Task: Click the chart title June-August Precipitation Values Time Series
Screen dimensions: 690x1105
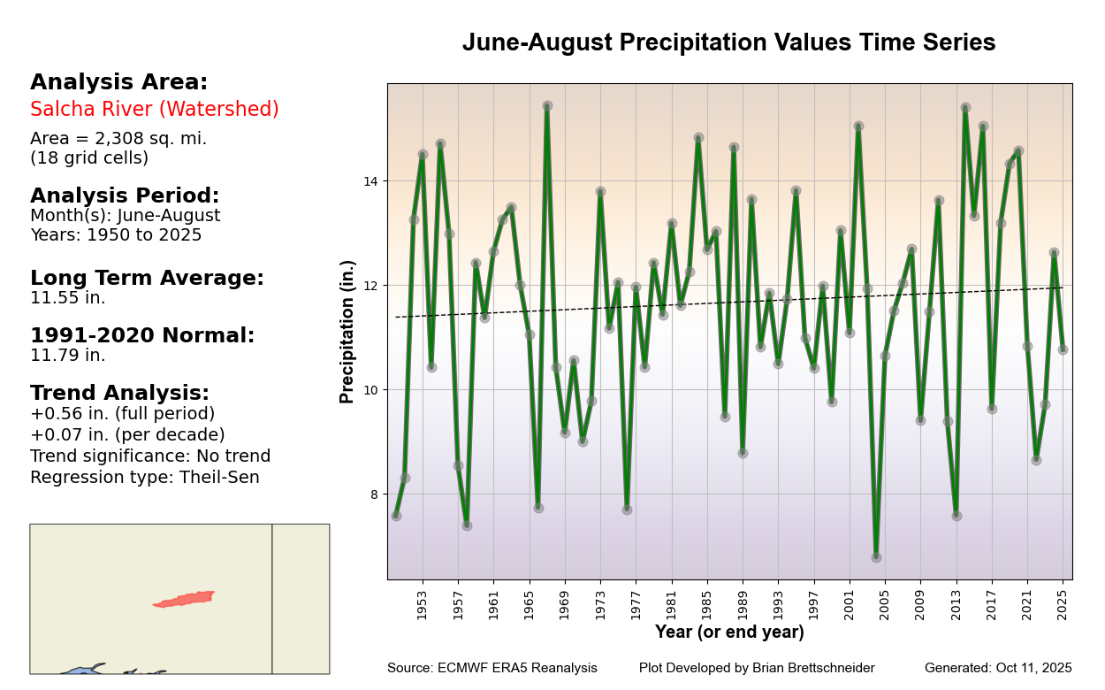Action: pyautogui.click(x=728, y=43)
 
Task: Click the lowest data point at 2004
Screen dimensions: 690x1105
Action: pyautogui.click(x=876, y=557)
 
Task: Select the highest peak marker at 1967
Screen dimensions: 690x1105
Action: pyautogui.click(x=547, y=106)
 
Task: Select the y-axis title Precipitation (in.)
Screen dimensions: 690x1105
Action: pyautogui.click(x=347, y=332)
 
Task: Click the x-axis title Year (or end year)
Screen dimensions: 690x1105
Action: pyautogui.click(x=729, y=632)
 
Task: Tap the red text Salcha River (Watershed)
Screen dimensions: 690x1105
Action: pyautogui.click(x=155, y=110)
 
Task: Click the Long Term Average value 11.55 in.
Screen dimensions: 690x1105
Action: pyautogui.click(x=68, y=298)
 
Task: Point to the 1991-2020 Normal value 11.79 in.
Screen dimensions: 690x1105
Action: pyautogui.click(x=68, y=356)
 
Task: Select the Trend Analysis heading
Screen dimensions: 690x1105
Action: pyautogui.click(x=120, y=393)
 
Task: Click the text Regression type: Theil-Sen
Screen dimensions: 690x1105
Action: pyautogui.click(x=145, y=478)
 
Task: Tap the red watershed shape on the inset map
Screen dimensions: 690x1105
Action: pyautogui.click(x=185, y=599)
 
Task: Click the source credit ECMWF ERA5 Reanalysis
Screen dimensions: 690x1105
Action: pyautogui.click(x=492, y=668)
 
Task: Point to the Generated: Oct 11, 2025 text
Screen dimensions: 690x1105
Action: pyautogui.click(x=998, y=668)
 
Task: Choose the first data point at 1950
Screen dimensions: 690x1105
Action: pyautogui.click(x=396, y=516)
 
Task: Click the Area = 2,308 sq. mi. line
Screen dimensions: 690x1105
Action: pyautogui.click(x=118, y=139)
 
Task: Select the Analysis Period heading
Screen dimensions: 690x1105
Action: pyautogui.click(x=125, y=195)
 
